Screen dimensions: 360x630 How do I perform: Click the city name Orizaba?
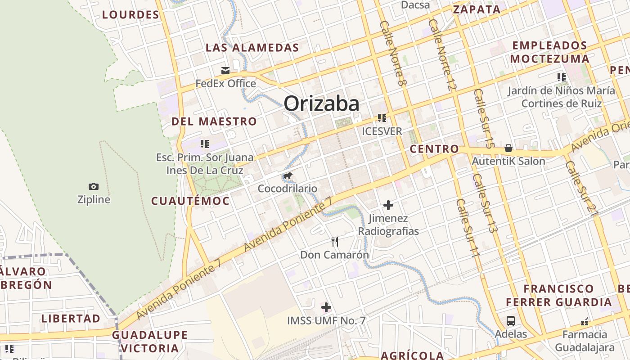pyautogui.click(x=321, y=104)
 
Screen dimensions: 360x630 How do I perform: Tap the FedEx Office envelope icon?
pyautogui.click(x=225, y=70)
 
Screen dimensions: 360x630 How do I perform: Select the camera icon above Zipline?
pyautogui.click(x=94, y=186)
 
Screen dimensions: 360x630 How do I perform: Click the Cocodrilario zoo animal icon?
pyautogui.click(x=288, y=175)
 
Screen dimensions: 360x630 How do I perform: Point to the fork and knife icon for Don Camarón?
pyautogui.click(x=334, y=242)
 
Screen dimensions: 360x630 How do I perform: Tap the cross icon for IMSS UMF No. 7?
pyautogui.click(x=326, y=308)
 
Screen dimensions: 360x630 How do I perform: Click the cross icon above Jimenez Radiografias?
pyautogui.click(x=388, y=206)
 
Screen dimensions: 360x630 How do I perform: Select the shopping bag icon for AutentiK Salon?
pyautogui.click(x=508, y=148)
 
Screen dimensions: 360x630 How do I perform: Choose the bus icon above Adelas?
pyautogui.click(x=511, y=321)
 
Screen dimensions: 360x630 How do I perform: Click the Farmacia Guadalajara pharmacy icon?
pyautogui.click(x=585, y=321)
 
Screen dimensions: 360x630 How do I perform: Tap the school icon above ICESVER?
pyautogui.click(x=382, y=118)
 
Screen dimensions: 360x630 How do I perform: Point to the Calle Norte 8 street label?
pyautogui.click(x=393, y=54)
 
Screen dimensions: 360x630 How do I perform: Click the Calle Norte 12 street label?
pyautogui.click(x=443, y=54)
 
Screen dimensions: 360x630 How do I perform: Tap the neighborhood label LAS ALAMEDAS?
pyautogui.click(x=252, y=48)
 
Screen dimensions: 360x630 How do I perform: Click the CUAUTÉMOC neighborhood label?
pyautogui.click(x=190, y=201)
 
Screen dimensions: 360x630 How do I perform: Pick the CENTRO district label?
pyautogui.click(x=434, y=149)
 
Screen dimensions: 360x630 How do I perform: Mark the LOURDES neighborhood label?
pyautogui.click(x=130, y=15)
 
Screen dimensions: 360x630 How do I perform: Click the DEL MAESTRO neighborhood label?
pyautogui.click(x=214, y=121)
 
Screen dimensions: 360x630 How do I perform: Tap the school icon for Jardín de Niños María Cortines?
pyautogui.click(x=561, y=77)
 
